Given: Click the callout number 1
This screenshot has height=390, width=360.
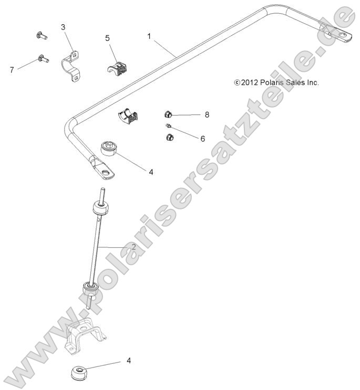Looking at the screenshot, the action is (149, 36).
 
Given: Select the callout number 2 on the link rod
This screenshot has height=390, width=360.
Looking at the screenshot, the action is (133, 247).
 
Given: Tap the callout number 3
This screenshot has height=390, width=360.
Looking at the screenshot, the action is (63, 27).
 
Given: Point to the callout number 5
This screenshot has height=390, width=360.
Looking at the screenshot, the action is (107, 38).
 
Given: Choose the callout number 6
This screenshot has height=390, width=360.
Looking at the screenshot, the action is (188, 139).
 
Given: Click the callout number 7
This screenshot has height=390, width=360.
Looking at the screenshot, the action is (12, 69).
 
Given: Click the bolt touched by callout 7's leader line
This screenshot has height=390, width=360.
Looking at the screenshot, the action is (42, 59).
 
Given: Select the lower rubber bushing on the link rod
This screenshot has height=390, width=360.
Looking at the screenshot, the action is (90, 290).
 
